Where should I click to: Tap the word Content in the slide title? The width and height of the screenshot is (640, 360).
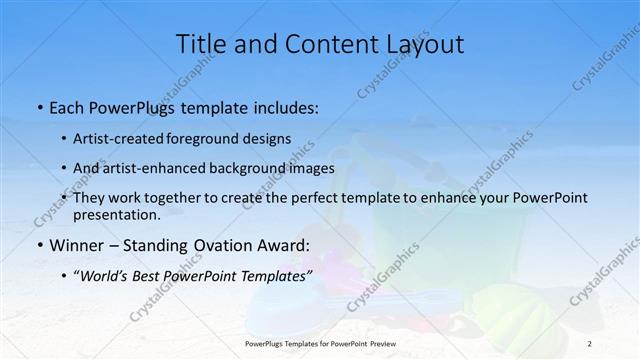(x=321, y=44)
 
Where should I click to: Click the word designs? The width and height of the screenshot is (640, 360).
(x=268, y=138)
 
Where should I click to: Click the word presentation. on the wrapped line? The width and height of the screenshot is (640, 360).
(x=116, y=215)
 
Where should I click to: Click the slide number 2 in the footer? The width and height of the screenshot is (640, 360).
(x=589, y=343)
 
